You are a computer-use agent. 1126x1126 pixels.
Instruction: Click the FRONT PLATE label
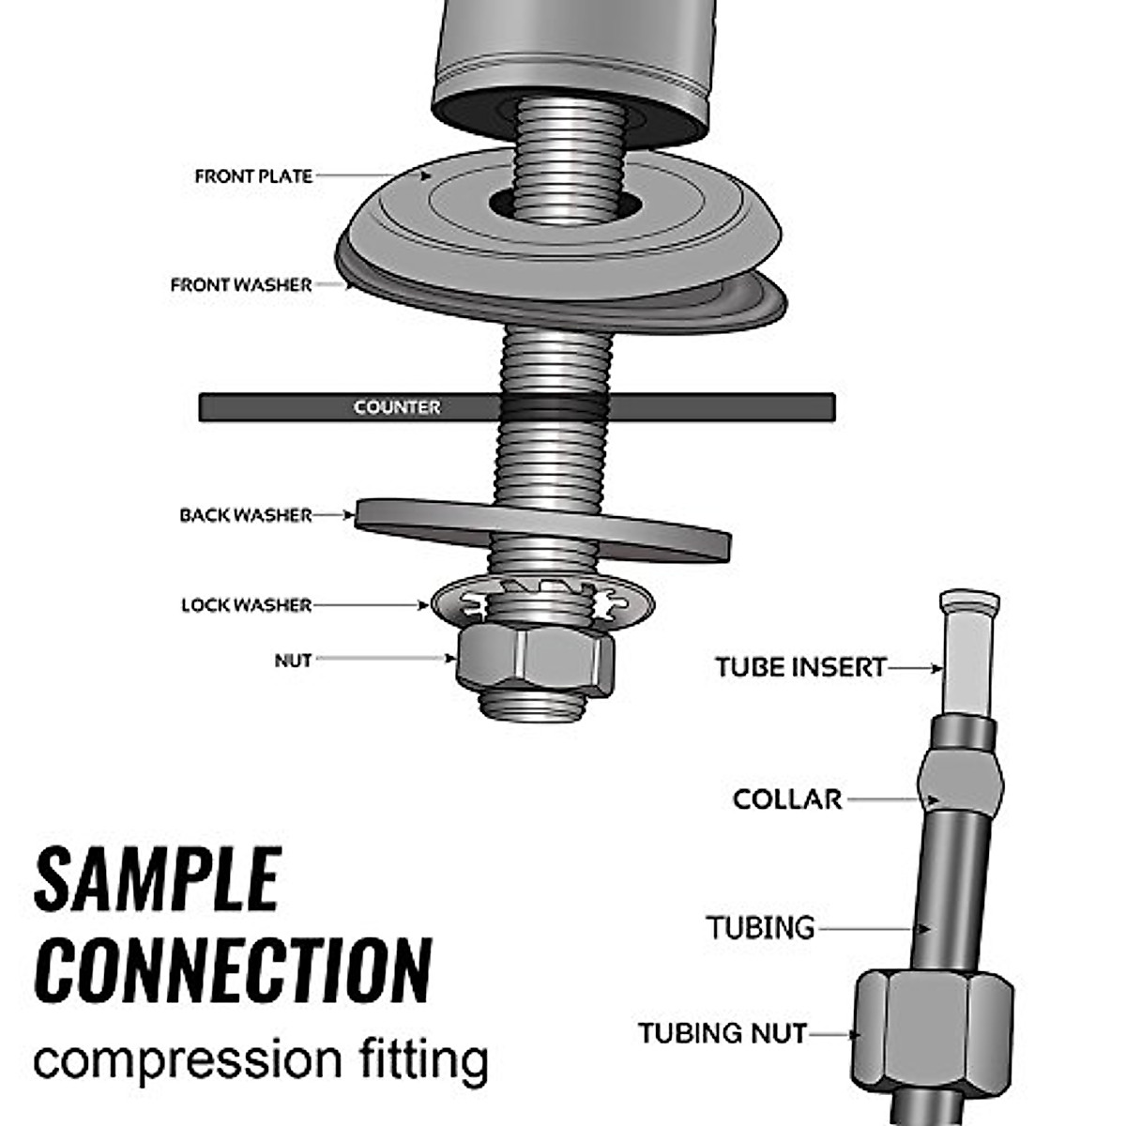coord(253,175)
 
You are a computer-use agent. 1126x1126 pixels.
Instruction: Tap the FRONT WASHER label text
coord(241,284)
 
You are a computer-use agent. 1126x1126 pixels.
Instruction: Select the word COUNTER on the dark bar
coord(397,406)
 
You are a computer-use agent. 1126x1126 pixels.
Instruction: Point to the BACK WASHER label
coord(246,515)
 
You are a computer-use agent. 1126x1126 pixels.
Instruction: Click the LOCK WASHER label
coord(246,605)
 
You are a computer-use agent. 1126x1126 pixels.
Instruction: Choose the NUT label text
coord(293,661)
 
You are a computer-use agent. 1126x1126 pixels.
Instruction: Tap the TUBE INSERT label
coord(801,667)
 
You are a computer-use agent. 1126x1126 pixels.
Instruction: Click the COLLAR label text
coord(787,799)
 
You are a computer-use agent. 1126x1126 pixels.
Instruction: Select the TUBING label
coord(760,927)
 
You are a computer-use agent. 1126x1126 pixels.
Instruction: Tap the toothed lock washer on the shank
coord(543,603)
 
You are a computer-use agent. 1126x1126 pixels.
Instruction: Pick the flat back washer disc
coord(543,530)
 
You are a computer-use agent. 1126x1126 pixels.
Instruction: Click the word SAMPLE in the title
coord(158,880)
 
